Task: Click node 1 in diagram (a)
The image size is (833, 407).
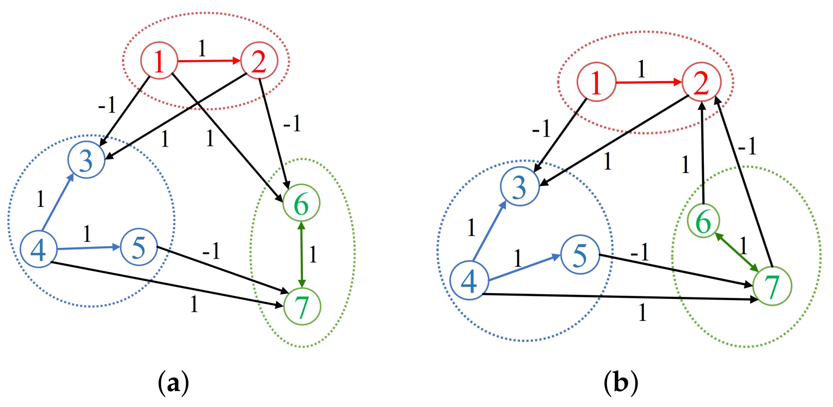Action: pyautogui.click(x=159, y=61)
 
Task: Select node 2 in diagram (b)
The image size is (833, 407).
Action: pyautogui.click(x=701, y=82)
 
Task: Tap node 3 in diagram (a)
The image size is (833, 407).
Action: pyautogui.click(x=86, y=160)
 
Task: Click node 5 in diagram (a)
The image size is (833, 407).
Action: pyautogui.click(x=139, y=247)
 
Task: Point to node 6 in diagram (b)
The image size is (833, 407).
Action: pyautogui.click(x=703, y=221)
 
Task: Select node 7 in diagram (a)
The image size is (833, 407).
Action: pyautogui.click(x=302, y=306)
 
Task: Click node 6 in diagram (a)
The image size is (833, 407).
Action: pyautogui.click(x=301, y=203)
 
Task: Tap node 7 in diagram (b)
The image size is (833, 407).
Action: pyautogui.click(x=772, y=286)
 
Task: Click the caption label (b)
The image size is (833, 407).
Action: pyautogui.click(x=621, y=383)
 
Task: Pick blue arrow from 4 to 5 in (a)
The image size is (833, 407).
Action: pyautogui.click(x=89, y=248)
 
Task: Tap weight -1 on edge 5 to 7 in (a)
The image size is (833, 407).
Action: pyautogui.click(x=211, y=250)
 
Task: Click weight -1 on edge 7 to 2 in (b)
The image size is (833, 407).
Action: pyautogui.click(x=747, y=146)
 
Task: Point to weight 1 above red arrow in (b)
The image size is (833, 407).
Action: pyautogui.click(x=642, y=69)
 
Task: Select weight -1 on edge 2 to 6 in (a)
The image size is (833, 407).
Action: pyautogui.click(x=292, y=124)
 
